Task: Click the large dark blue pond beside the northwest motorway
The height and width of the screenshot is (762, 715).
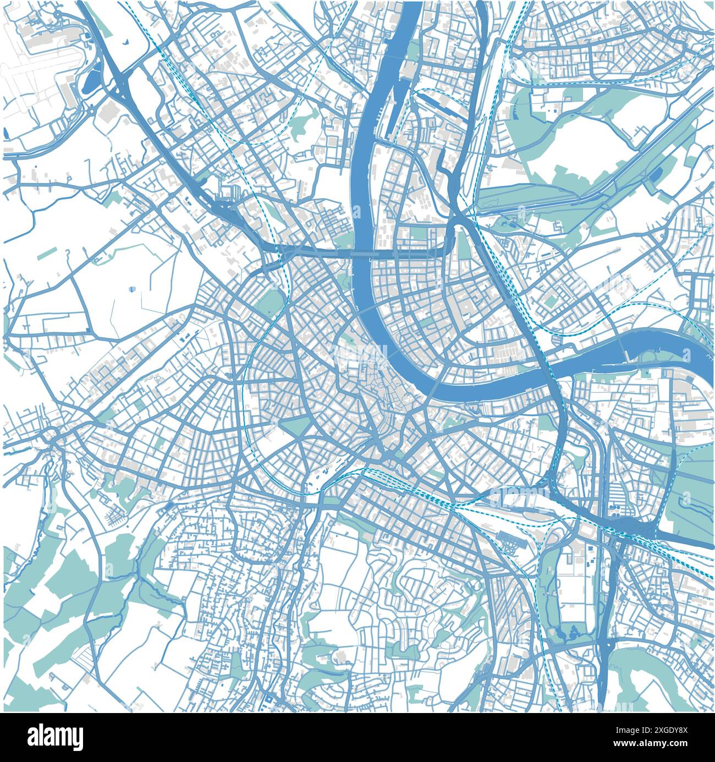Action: (91, 80)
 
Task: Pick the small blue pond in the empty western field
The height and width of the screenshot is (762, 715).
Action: (132, 289)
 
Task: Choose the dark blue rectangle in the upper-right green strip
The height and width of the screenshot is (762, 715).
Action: (656, 173)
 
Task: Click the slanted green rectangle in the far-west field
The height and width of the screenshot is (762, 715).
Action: (47, 253)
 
